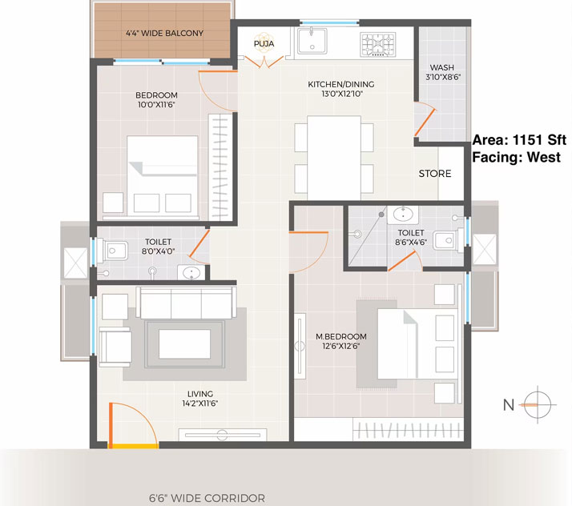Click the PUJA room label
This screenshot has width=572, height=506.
(x=264, y=44)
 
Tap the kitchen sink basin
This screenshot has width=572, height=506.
(x=312, y=41)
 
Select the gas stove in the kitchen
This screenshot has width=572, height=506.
(x=378, y=45)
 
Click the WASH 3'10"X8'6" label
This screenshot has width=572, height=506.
(x=443, y=72)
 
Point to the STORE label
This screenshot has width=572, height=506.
(x=435, y=174)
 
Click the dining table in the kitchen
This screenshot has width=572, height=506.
(x=334, y=158)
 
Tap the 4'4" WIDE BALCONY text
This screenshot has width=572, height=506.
(x=164, y=33)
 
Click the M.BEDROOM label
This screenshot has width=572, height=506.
(x=341, y=336)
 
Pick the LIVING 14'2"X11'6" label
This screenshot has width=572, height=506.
(x=200, y=399)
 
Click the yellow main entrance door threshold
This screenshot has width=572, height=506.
(x=133, y=446)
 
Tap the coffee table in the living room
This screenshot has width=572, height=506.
(x=184, y=344)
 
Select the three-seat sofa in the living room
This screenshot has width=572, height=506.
(x=186, y=303)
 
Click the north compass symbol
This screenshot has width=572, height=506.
(x=538, y=404)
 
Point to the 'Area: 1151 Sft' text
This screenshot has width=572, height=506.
(x=519, y=140)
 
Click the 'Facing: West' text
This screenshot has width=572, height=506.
(x=516, y=157)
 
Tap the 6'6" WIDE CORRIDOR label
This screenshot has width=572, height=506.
(x=207, y=498)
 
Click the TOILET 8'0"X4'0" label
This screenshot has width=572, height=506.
(x=158, y=247)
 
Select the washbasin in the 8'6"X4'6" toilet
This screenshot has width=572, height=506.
(x=403, y=215)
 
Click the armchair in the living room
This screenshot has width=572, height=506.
(x=115, y=347)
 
